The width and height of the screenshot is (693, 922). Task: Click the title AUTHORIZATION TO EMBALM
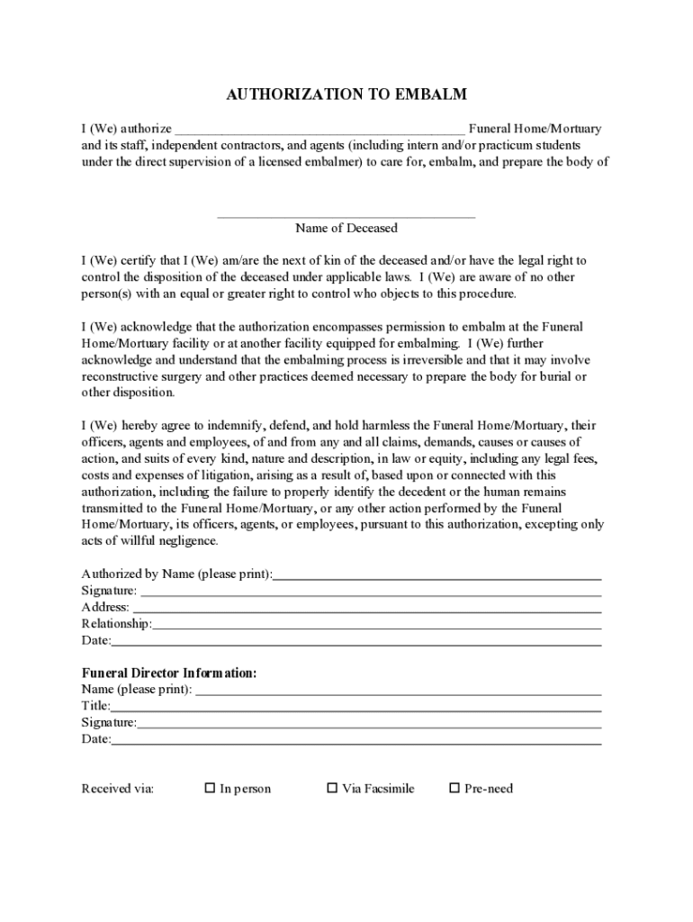[x=346, y=95]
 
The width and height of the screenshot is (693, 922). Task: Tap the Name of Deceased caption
[x=346, y=228]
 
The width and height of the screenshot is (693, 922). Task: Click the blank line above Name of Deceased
[x=346, y=216]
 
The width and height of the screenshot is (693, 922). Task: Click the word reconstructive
[x=121, y=376]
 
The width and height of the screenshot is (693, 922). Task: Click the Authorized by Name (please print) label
[x=176, y=574]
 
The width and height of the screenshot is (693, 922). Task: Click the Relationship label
[x=115, y=623]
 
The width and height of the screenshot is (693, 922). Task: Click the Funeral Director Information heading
[x=169, y=673]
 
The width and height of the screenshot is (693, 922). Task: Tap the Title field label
[x=95, y=705]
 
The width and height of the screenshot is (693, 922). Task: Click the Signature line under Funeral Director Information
[x=369, y=725]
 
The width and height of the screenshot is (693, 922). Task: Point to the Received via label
[x=118, y=789]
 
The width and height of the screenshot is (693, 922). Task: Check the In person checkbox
[x=210, y=788]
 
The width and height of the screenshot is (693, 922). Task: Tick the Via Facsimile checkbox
[x=331, y=788]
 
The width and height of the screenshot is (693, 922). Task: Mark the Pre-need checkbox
[x=454, y=788]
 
